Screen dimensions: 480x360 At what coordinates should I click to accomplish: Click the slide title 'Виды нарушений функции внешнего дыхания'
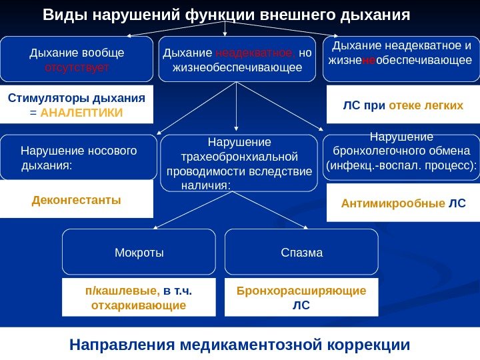tap(226, 14)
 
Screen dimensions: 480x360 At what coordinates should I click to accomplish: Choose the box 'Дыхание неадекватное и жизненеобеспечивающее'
tap(401, 59)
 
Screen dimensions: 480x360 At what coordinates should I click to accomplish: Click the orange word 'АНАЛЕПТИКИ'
tap(82, 112)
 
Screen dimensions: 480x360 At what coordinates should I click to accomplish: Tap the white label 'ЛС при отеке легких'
tap(403, 105)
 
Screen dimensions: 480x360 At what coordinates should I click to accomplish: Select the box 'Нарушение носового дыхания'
tap(79, 158)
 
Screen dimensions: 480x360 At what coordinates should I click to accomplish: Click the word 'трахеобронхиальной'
tap(239, 157)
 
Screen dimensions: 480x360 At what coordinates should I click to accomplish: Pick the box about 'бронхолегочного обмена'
tap(401, 157)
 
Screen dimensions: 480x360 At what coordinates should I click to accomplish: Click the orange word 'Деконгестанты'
tap(77, 199)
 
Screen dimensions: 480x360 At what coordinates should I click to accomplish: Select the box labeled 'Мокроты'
tap(139, 253)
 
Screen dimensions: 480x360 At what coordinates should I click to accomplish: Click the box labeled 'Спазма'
tap(302, 253)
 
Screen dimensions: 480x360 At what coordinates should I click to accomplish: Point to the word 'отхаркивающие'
tap(138, 305)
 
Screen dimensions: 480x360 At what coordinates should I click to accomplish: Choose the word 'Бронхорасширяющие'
tap(301, 291)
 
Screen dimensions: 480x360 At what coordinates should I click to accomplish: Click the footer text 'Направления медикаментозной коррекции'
tap(239, 345)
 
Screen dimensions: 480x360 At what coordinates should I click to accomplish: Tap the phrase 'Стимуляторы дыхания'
tap(77, 98)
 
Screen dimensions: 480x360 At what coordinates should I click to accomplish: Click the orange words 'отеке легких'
tap(426, 105)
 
